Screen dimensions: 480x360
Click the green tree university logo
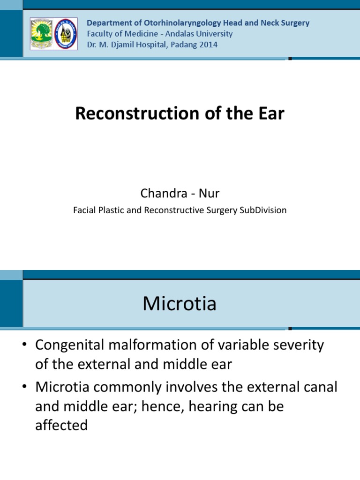click(x=41, y=34)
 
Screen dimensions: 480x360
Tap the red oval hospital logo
click(x=66, y=34)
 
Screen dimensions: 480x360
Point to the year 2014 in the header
click(x=209, y=45)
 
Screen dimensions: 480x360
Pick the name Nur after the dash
click(x=210, y=194)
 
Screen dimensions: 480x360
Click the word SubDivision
click(x=262, y=210)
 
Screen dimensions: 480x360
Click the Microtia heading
click(x=180, y=304)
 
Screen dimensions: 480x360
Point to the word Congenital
click(x=76, y=345)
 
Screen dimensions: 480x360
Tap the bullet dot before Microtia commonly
click(x=26, y=387)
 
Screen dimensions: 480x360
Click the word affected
click(x=61, y=425)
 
